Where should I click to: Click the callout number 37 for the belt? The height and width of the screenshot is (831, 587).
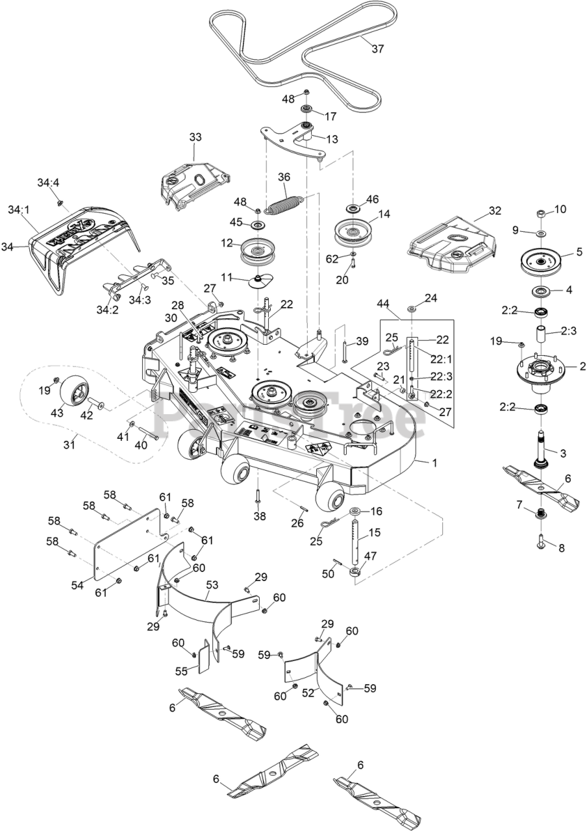[379, 47]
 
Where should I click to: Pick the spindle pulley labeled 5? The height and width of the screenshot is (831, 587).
[540, 261]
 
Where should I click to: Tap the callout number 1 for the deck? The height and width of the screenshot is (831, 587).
[434, 463]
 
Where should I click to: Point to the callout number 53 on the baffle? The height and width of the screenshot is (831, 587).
[211, 585]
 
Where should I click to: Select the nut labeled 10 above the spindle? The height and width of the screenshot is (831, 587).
[541, 214]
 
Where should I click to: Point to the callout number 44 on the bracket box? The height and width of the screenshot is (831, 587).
[383, 304]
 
